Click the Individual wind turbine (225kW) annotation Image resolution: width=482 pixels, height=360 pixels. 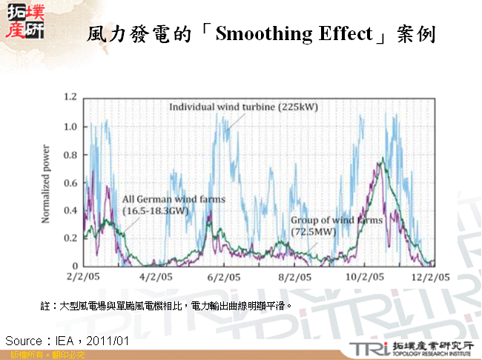pos(243,107)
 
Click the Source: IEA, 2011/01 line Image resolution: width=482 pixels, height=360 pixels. pos(67,341)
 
